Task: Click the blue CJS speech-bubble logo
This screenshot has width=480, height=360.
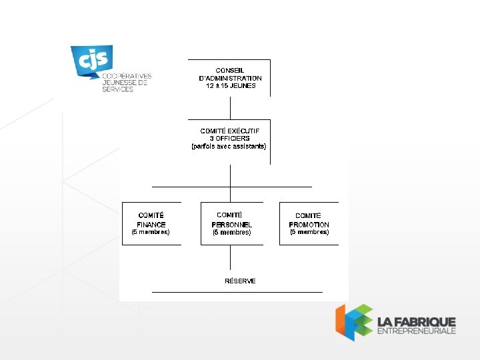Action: [x=91, y=61]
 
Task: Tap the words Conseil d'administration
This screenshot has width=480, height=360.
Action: [x=230, y=74]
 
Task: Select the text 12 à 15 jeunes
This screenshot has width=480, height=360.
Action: [x=230, y=86]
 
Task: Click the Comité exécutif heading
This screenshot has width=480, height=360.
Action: [x=230, y=131]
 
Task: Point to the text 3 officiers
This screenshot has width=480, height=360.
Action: [x=229, y=139]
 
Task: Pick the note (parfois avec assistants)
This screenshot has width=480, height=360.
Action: [x=229, y=146]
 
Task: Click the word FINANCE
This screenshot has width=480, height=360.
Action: [x=151, y=225]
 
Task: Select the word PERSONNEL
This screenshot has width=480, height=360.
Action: [x=231, y=225]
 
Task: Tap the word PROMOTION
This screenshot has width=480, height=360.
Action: [x=309, y=225]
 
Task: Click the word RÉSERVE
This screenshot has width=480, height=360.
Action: [x=240, y=281]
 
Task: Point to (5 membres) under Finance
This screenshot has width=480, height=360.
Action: [x=151, y=232]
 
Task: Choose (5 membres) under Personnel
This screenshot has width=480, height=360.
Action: [x=231, y=233]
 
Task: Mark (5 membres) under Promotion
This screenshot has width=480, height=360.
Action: [x=309, y=232]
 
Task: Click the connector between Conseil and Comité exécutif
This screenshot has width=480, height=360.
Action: [x=230, y=107]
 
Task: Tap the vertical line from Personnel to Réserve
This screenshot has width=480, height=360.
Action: [x=230, y=257]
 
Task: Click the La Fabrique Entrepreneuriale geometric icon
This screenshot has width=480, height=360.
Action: [x=353, y=321]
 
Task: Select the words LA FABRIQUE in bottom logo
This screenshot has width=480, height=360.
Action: [x=416, y=321]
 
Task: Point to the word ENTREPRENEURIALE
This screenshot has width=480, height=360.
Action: [x=416, y=331]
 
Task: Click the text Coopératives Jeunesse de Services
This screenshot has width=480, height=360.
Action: [x=127, y=83]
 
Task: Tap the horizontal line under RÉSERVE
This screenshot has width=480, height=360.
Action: [x=237, y=292]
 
